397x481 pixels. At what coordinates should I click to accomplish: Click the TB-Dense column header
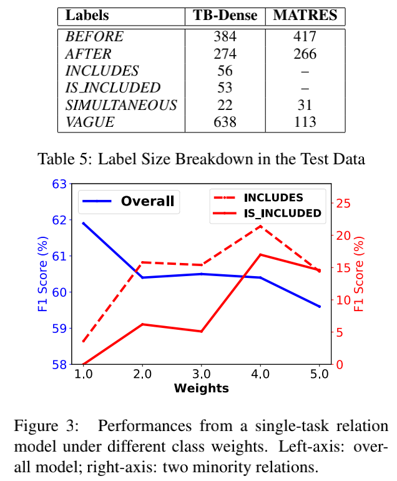(225, 16)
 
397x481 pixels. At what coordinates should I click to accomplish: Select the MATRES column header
(305, 16)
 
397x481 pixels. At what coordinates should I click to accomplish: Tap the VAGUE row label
(91, 122)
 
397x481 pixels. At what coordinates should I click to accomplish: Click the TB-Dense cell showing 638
(225, 122)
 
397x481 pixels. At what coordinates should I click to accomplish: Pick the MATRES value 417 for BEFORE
(305, 36)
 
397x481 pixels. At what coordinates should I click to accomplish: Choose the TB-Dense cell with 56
(225, 71)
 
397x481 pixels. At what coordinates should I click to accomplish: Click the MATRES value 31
(305, 105)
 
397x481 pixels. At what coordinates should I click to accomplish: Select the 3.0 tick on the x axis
(201, 375)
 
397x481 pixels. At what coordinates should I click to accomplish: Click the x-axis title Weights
(201, 389)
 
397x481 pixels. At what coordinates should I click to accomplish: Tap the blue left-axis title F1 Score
(42, 274)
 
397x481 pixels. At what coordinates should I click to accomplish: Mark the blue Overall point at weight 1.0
(83, 223)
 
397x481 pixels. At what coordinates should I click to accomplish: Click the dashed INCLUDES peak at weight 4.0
(260, 225)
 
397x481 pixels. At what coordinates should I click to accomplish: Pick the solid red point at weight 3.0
(201, 331)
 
